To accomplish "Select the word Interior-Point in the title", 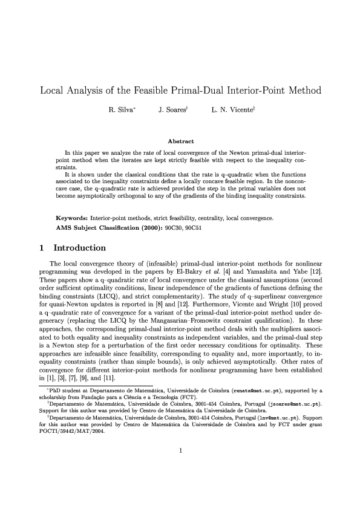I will pyautogui.click(x=247, y=92).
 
